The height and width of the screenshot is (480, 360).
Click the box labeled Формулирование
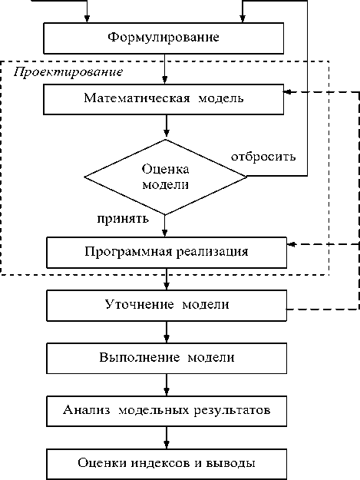(163, 38)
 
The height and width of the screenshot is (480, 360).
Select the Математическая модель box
(163, 100)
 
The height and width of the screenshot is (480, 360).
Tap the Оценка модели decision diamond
(166, 177)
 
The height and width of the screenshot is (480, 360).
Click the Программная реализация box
(167, 253)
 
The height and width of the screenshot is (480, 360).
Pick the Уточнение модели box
(167, 306)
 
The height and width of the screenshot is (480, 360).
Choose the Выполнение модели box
(167, 358)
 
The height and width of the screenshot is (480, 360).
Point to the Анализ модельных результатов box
(167, 411)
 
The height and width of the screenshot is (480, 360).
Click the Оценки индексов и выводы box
(167, 464)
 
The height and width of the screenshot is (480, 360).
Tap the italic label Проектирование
(68, 72)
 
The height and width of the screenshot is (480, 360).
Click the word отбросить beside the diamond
(263, 157)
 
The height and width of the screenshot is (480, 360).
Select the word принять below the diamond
(123, 219)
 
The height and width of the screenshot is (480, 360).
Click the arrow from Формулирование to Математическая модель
(164, 69)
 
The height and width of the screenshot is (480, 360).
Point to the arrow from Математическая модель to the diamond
(166, 126)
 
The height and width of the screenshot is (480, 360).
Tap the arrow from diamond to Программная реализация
(164, 226)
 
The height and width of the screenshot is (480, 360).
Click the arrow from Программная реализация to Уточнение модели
(167, 280)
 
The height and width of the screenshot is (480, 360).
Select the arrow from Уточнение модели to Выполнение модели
(167, 332)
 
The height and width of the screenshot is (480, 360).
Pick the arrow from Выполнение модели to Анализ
(167, 385)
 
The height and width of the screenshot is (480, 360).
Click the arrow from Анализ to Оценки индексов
(167, 438)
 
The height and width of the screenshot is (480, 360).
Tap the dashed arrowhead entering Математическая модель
(288, 91)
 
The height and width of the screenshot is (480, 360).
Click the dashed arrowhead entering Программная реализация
(291, 244)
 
